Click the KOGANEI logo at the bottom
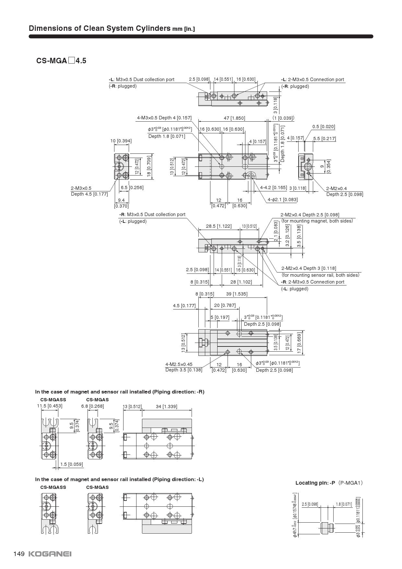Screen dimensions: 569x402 [50, 554]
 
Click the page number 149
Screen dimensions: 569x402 [19, 554]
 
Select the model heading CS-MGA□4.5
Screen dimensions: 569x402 [61, 61]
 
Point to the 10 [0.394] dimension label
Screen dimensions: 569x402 [121, 141]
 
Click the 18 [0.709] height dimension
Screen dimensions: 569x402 [149, 166]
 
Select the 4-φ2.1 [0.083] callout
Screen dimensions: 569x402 [282, 200]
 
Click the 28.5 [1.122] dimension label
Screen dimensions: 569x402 [219, 226]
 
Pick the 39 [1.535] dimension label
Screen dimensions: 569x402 [237, 294]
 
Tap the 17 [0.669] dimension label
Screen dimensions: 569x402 [299, 343]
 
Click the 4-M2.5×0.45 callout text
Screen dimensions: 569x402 [179, 364]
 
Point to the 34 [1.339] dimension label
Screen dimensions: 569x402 [167, 406]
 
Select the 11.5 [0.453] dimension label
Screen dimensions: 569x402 [50, 406]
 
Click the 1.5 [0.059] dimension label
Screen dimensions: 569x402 [71, 464]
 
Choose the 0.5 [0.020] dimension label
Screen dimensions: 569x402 [324, 127]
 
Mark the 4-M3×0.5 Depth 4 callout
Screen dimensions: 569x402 [164, 118]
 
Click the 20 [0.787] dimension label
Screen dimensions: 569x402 [225, 305]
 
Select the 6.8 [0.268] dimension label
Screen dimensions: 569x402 [92, 406]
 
